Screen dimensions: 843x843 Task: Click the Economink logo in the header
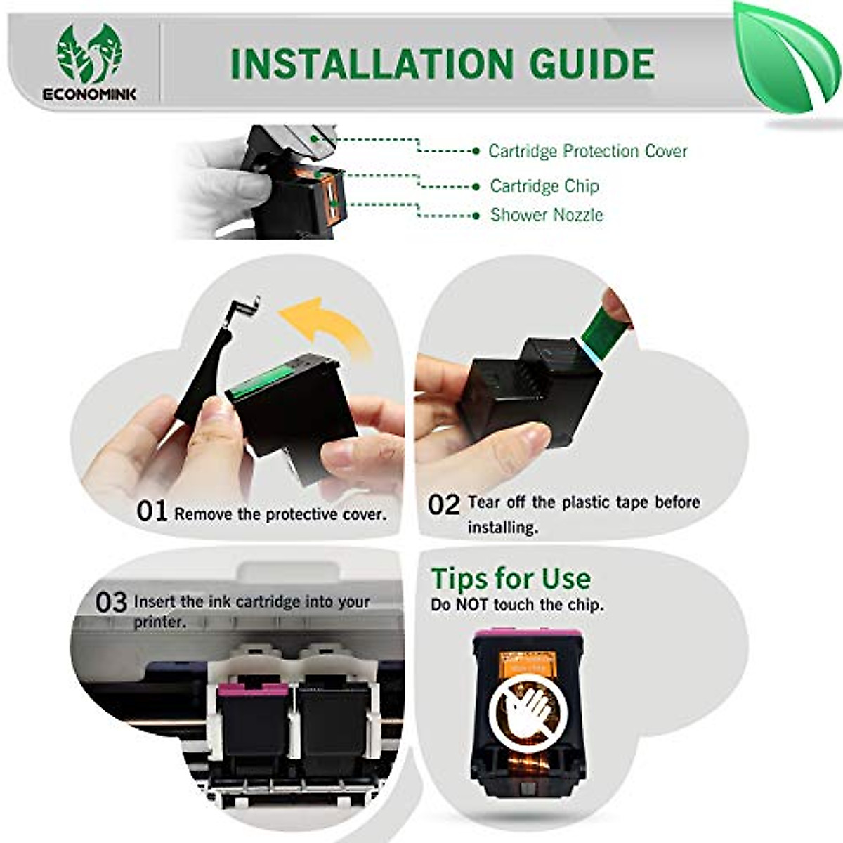point(89,62)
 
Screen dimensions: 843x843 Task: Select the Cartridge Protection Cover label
point(587,151)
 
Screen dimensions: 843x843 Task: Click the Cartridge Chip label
point(544,186)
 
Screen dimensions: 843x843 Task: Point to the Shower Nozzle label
point(547,215)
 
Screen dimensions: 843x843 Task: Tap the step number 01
point(152,512)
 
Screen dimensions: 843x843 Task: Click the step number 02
point(443,505)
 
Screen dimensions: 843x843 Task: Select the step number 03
point(111,603)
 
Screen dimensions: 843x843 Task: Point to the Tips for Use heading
point(511,579)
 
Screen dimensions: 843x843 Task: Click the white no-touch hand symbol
point(526,710)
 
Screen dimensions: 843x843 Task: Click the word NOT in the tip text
point(473,605)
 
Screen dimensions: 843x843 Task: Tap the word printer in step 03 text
point(159,622)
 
